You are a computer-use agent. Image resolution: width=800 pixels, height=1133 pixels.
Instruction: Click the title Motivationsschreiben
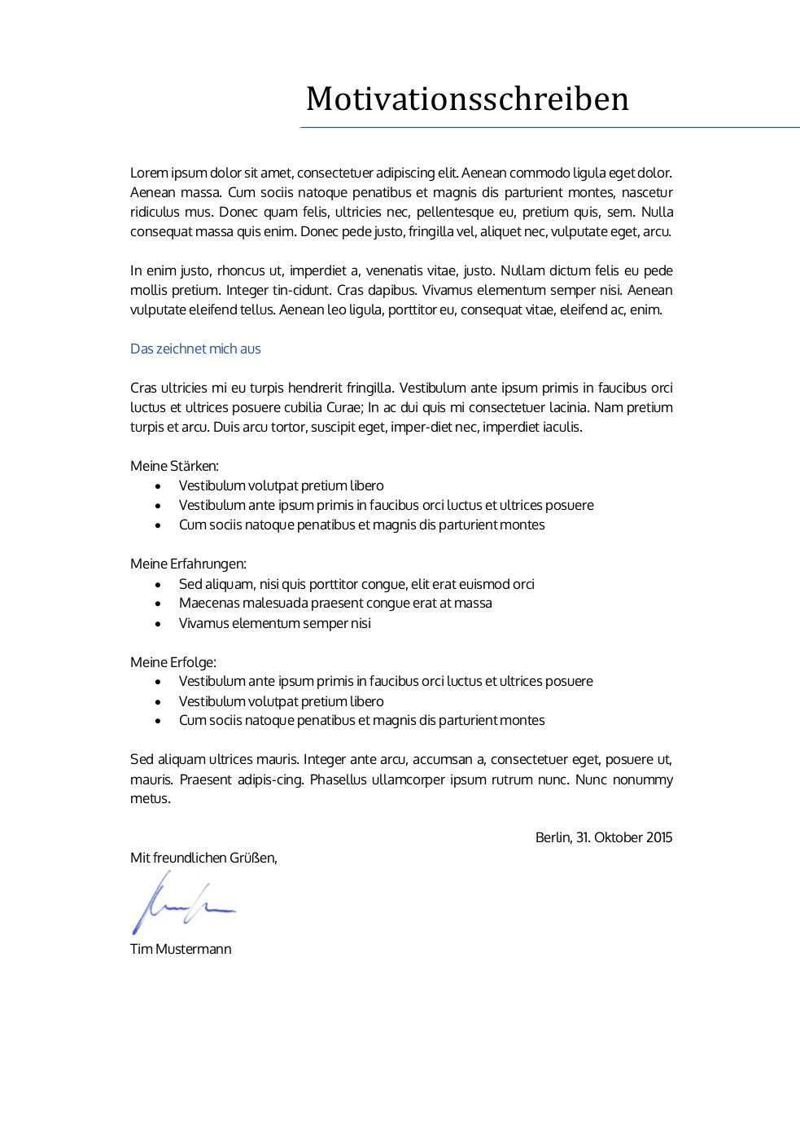(x=467, y=99)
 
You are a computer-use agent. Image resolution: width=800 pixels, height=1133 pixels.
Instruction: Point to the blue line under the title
(x=549, y=128)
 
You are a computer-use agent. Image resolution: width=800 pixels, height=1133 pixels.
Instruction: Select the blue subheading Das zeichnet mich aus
(x=195, y=349)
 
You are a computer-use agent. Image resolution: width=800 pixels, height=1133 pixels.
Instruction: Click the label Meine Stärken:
(x=174, y=466)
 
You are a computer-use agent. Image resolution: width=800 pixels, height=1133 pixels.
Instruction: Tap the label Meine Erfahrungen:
(x=188, y=564)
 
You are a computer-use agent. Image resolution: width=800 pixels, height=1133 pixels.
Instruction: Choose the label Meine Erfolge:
(x=173, y=662)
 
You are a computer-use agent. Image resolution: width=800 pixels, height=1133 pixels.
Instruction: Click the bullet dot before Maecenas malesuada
(x=158, y=604)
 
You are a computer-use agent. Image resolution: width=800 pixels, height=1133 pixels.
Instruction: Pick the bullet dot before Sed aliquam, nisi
(x=158, y=584)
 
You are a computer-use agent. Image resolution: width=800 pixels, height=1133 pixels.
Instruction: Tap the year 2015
(x=660, y=837)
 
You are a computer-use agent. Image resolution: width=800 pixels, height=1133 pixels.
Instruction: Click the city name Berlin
(x=553, y=837)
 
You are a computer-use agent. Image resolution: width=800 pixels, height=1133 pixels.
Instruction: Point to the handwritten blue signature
(x=182, y=902)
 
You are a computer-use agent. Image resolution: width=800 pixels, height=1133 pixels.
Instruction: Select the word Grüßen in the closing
(x=253, y=858)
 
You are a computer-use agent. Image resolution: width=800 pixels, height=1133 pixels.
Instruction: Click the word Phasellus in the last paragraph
(x=336, y=779)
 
